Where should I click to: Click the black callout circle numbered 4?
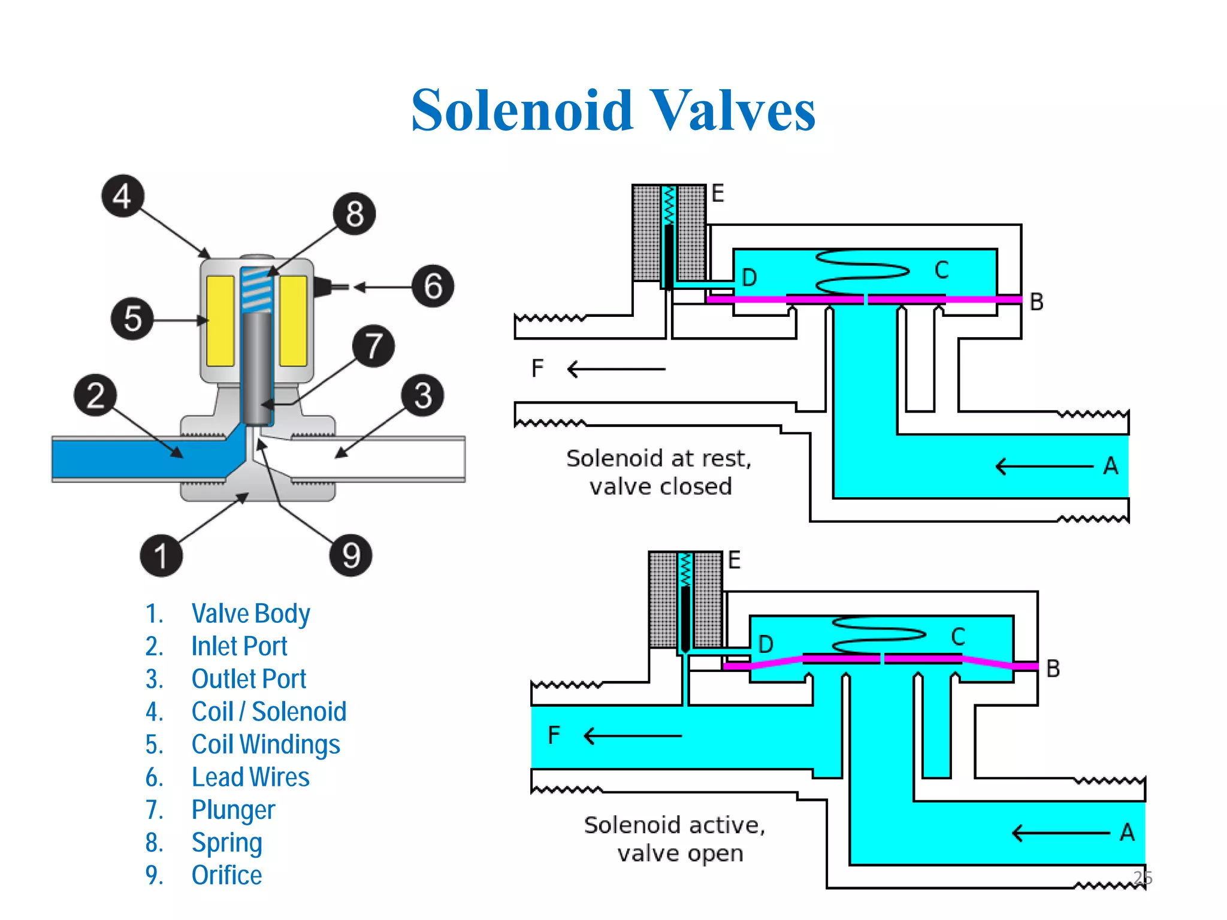coord(122,196)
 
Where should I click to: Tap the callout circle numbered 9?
coord(350,555)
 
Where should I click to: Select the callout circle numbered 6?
coord(433,286)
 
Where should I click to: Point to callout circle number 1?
coord(161,555)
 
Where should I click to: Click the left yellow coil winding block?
coord(220,320)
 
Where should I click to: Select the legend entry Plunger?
coord(233,810)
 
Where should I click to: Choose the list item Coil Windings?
coord(265,745)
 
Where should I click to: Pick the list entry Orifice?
coord(226,875)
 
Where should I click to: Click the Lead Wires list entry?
coord(250,777)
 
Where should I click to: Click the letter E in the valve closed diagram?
coord(718,193)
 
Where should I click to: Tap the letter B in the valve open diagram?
coord(1053,668)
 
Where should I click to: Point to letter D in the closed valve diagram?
coord(750,277)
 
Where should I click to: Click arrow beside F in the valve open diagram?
coord(632,736)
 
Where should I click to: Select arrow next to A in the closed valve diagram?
coord(1044,466)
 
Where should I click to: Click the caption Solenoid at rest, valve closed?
coord(659,472)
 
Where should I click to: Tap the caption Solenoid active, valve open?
coord(676,839)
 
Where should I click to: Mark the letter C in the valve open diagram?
coord(958,636)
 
